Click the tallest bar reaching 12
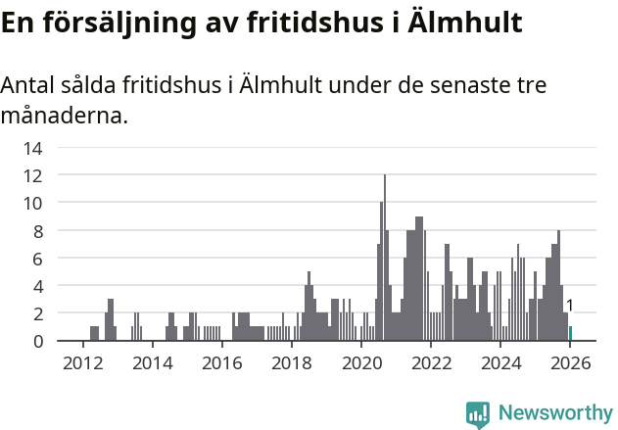pos(385,260)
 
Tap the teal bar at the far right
pos(570,334)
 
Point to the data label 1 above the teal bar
pos(570,307)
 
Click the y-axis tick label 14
pos(32,149)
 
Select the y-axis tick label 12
pos(32,176)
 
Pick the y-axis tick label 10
pos(32,204)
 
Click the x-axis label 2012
pos(82,363)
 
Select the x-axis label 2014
pos(152,363)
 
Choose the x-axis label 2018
pos(291,363)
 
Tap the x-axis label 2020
pos(361,363)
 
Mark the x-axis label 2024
pos(501,363)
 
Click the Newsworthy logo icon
pos(478,414)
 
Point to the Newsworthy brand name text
pos(555,413)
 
